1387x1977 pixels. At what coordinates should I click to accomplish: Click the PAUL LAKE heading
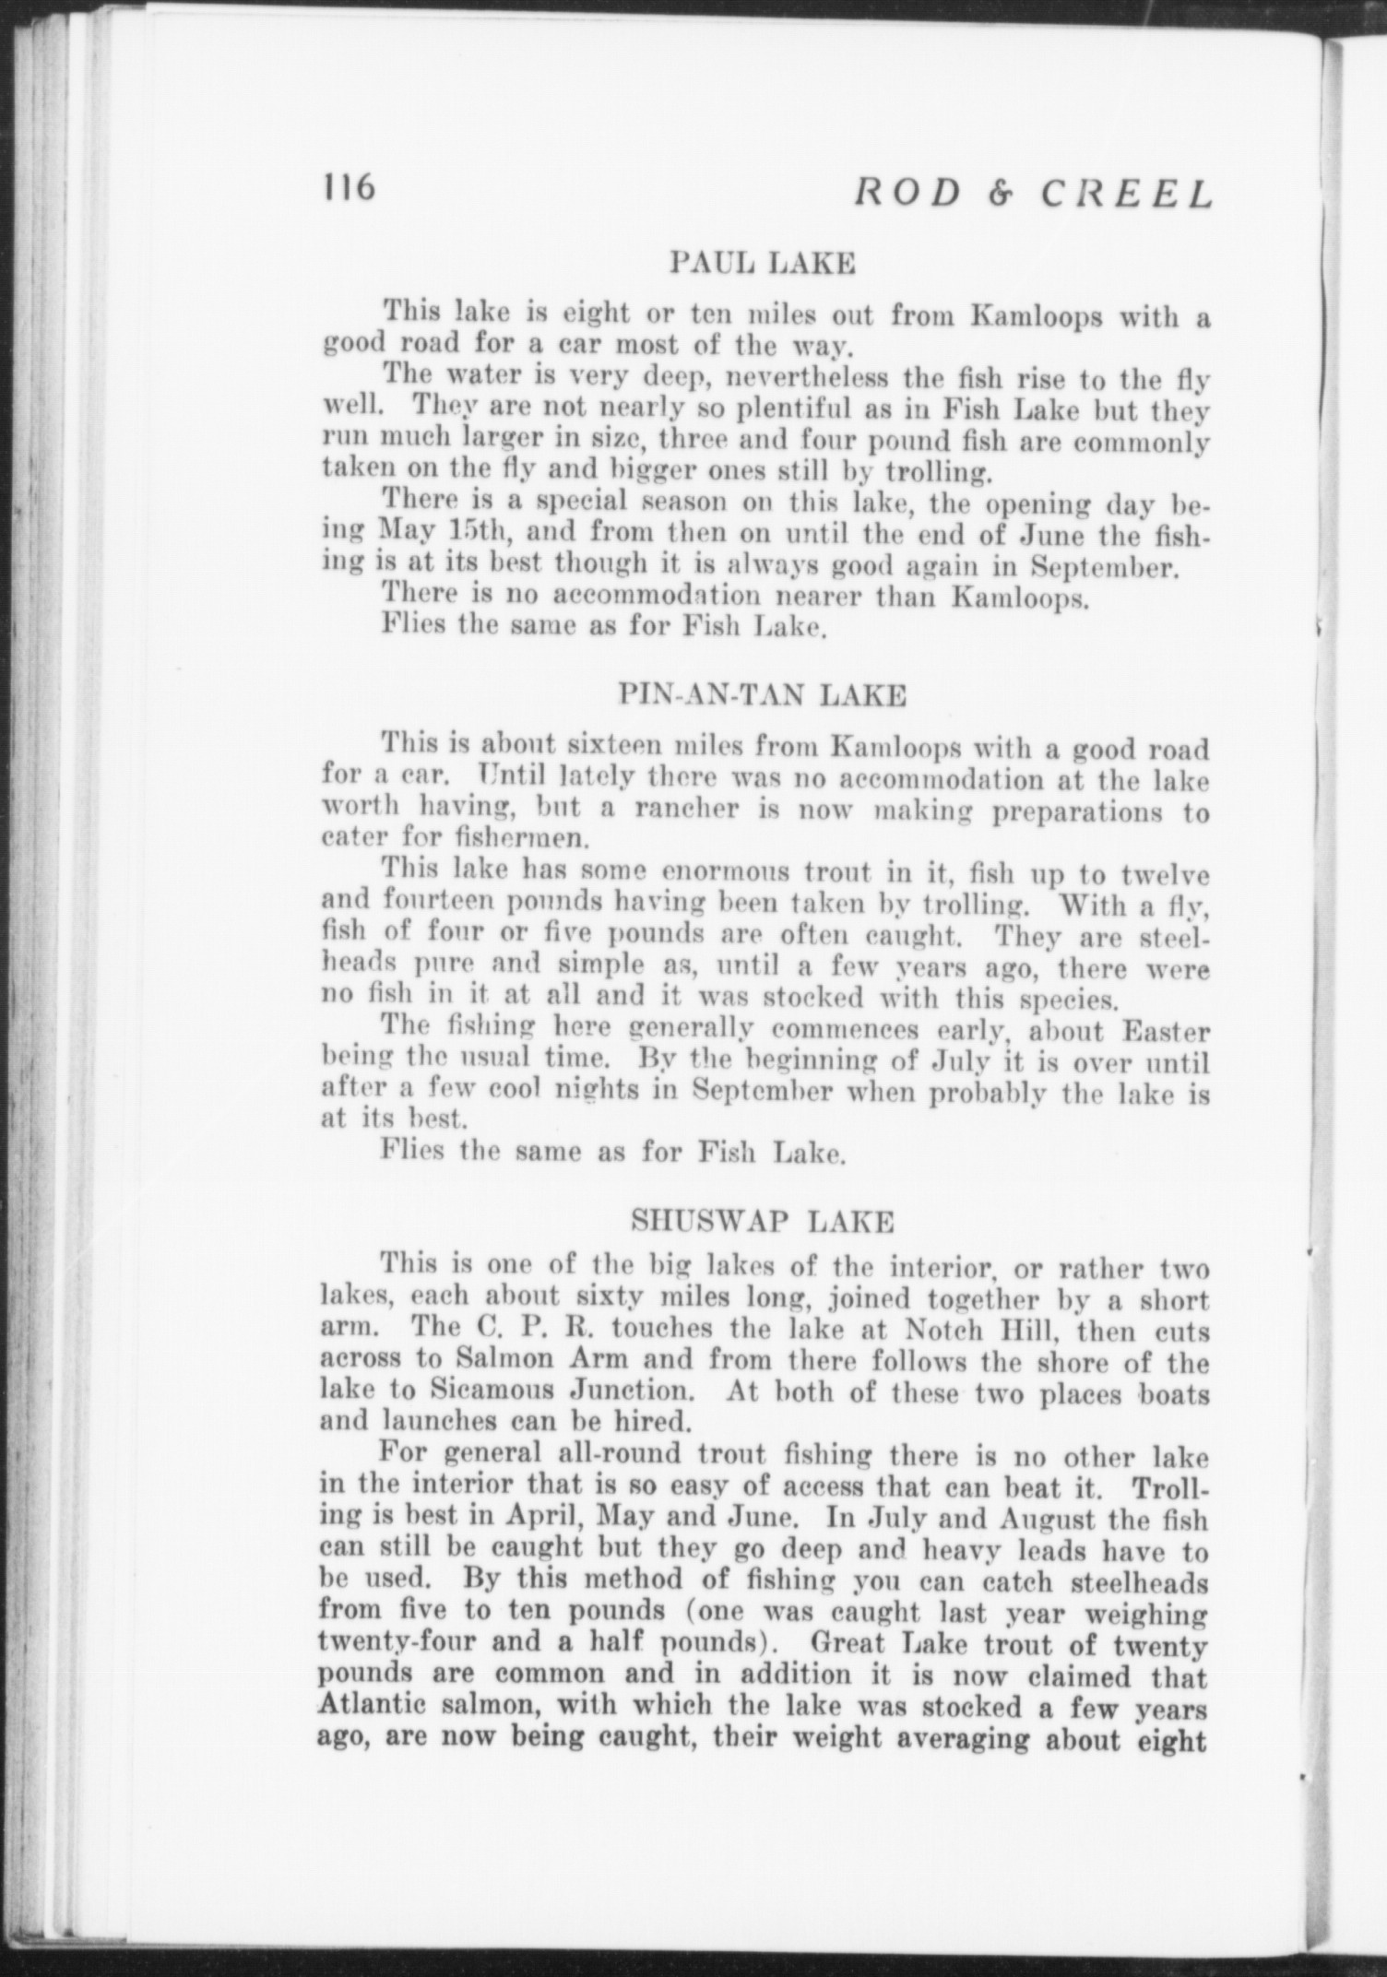pyautogui.click(x=763, y=265)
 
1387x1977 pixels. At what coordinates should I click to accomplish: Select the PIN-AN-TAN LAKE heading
pyautogui.click(x=763, y=694)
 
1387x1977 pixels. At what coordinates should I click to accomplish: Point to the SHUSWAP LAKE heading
pyautogui.click(x=763, y=1222)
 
